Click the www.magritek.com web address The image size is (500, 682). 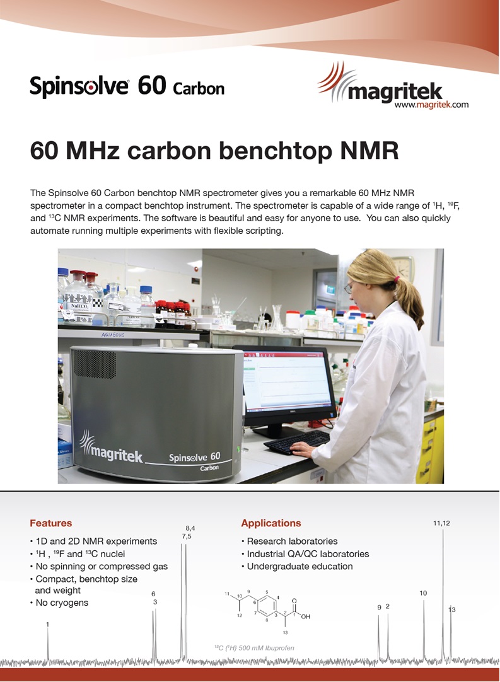click(x=431, y=105)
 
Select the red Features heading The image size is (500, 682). click(x=51, y=523)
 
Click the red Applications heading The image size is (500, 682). click(x=271, y=523)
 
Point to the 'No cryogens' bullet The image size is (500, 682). click(x=59, y=603)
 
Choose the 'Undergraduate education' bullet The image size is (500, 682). click(x=297, y=566)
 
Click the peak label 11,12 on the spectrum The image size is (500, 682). click(x=442, y=523)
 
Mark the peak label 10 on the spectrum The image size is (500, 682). click(x=424, y=593)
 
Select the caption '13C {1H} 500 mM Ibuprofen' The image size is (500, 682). click(x=254, y=648)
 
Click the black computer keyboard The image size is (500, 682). click(x=297, y=442)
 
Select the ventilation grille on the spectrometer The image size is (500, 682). click(x=94, y=364)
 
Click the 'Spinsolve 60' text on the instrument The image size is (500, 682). click(x=195, y=457)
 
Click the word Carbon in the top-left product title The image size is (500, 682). click(x=199, y=89)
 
